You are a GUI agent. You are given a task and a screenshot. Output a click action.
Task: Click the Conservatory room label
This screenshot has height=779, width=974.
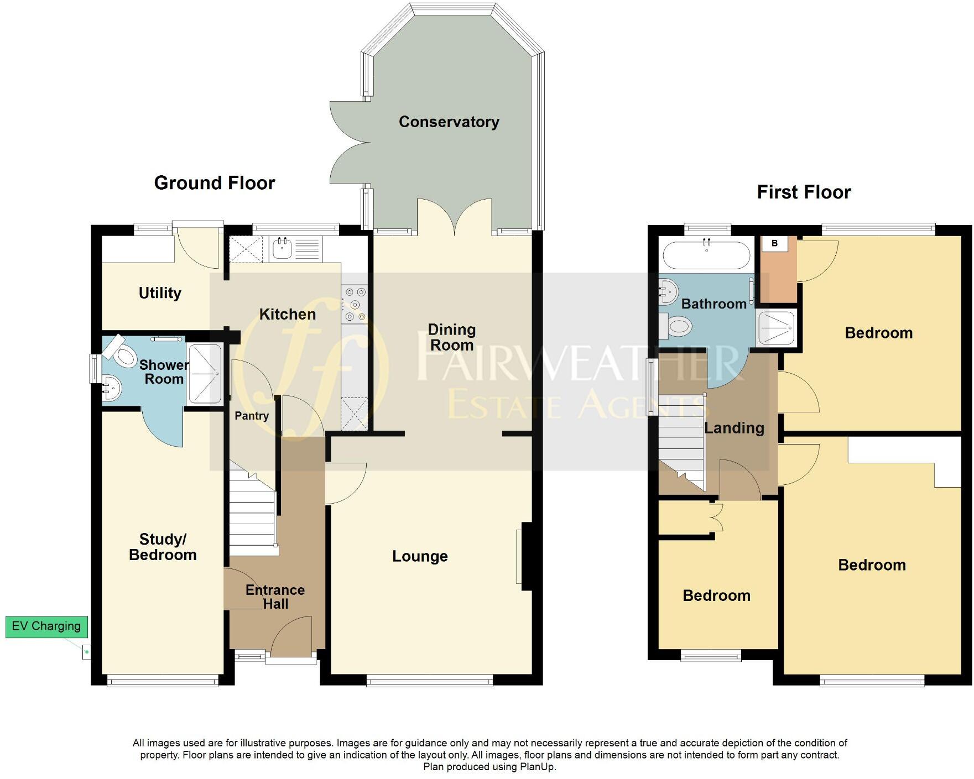pos(449,122)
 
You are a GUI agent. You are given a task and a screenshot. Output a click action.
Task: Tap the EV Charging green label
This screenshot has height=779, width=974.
pos(46,626)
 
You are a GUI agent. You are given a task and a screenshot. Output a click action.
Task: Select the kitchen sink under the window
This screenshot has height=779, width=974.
pos(282,249)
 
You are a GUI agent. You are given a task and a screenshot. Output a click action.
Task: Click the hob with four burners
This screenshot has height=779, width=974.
pos(355,304)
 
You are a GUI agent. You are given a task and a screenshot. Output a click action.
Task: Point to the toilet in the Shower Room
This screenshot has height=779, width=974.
pos(123,352)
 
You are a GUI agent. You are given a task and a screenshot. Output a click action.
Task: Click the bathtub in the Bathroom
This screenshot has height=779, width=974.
pos(706,255)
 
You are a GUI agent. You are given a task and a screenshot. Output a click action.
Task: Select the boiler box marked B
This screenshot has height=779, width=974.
pos(774,243)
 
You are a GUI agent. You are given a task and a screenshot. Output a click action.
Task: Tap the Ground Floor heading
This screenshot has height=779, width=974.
pos(214,183)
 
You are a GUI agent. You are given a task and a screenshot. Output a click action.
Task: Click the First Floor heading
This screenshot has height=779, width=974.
pos(803,192)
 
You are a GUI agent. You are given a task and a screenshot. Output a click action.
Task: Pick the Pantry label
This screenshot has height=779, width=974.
pos(252,416)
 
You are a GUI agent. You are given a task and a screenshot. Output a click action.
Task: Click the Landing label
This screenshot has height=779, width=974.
pos(734,428)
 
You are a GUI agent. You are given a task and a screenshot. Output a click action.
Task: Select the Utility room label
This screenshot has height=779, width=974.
pos(160,293)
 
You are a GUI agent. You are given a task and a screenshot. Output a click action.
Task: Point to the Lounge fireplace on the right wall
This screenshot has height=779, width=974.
pos(524,556)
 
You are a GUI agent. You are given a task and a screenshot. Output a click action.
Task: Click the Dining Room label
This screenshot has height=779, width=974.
pos(451,337)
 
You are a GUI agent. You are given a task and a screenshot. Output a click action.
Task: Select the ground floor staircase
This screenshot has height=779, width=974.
pos(252,514)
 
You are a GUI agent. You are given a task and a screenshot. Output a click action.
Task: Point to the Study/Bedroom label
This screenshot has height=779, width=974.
pos(163,547)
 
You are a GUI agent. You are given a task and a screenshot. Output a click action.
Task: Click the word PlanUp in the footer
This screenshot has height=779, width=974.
pos(537,767)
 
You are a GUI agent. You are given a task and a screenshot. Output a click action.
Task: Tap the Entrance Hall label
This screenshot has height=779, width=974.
pos(275,597)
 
